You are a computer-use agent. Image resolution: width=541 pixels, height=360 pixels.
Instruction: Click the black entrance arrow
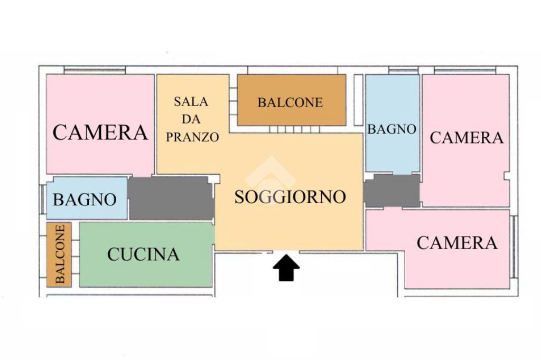(286, 268)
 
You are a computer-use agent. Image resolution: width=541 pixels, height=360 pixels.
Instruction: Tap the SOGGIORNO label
(290, 197)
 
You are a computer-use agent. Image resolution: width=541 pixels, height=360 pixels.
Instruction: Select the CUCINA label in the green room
(143, 254)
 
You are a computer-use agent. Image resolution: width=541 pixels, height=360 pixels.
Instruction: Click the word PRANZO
(192, 137)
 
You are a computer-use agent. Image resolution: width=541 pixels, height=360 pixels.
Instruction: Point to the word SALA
(191, 101)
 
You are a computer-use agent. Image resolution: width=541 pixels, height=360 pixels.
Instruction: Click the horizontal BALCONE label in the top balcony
(290, 102)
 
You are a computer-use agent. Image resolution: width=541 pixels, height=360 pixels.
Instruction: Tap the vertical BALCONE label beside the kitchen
(60, 254)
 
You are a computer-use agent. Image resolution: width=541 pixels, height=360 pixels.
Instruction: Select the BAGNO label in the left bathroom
(85, 200)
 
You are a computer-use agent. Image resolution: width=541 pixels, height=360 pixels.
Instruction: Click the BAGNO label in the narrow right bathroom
(391, 129)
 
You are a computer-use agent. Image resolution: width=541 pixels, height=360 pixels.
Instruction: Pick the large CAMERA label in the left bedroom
(100, 132)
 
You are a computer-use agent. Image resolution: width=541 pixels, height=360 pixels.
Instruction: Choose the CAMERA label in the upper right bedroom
(467, 138)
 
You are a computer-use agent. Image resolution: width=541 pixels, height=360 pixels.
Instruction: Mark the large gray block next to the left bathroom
(172, 198)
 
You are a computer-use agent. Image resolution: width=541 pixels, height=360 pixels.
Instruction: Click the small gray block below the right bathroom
(392, 191)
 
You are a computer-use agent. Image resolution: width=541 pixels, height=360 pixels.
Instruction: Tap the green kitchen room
(146, 254)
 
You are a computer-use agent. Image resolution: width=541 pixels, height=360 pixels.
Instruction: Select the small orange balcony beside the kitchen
(59, 254)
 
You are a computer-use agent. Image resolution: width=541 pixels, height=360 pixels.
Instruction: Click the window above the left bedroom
(95, 70)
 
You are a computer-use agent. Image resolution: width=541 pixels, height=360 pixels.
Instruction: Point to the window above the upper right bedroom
(465, 70)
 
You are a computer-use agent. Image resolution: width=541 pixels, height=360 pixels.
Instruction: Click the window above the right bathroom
(403, 70)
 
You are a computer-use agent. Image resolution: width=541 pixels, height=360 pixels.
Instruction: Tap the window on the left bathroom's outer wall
(43, 200)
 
